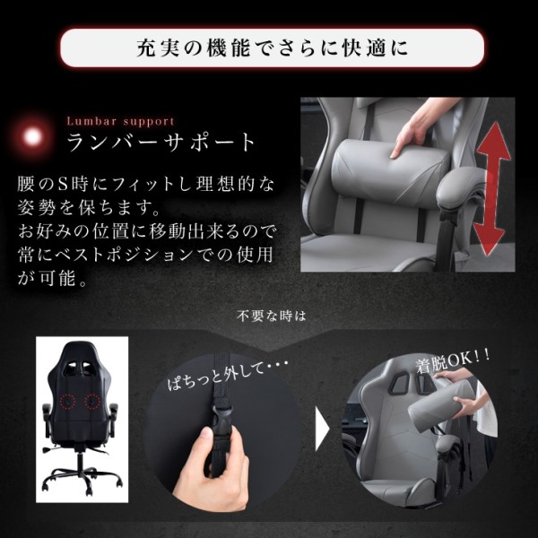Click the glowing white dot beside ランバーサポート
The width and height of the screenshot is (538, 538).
coord(35,137)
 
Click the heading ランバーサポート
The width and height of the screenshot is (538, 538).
coord(161,143)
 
